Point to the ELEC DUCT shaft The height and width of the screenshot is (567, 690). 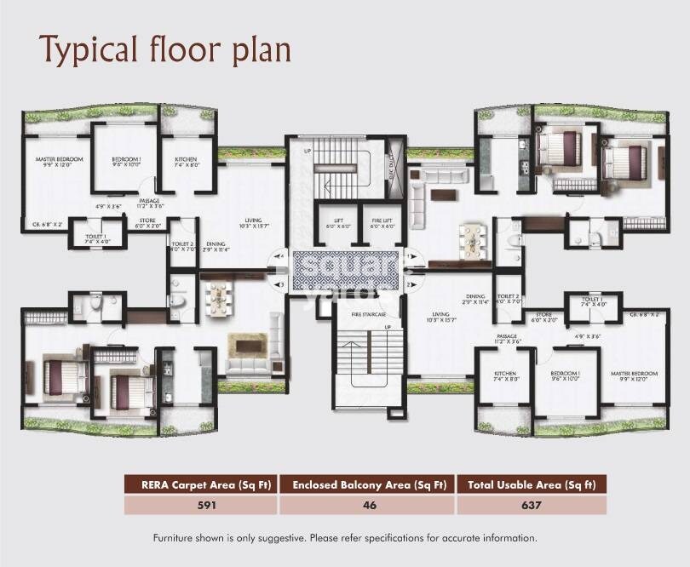[394, 158]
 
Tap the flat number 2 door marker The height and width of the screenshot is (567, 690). [409, 283]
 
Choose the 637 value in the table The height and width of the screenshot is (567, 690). [532, 505]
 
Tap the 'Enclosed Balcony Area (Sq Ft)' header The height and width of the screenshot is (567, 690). [367, 485]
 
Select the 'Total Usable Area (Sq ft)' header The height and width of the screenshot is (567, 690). [532, 485]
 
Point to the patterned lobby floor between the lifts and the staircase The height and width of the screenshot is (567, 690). [345, 271]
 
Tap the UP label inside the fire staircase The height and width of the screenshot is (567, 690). [387, 328]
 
